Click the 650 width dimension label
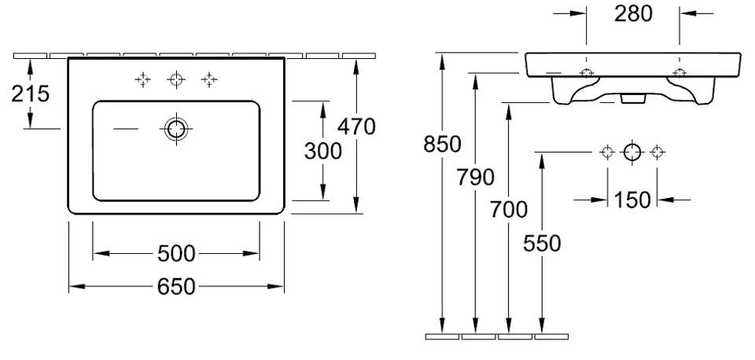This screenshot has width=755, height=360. tap(175, 288)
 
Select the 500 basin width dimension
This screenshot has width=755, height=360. tap(175, 253)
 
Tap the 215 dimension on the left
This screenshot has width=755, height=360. tap(31, 94)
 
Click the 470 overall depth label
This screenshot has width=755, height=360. tap(357, 126)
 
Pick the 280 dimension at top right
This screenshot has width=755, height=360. tap(633, 13)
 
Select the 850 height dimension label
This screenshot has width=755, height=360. tap(442, 145)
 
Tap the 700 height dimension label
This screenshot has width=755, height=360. tap(508, 209)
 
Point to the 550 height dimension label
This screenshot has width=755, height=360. tap(542, 244)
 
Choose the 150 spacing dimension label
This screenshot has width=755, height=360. tap(632, 200)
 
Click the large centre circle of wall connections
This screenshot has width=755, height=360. tap(632, 152)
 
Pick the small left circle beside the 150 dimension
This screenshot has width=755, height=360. tap(606, 152)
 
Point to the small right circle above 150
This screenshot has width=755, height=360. tap(657, 152)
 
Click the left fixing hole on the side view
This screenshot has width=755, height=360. tap(587, 73)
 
